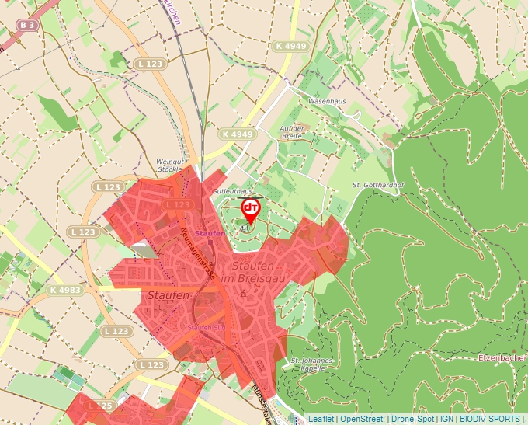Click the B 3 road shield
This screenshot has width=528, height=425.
(x=27, y=25)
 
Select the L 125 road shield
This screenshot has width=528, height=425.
(x=100, y=405)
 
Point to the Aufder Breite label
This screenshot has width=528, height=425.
(x=292, y=131)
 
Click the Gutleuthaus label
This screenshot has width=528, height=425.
(x=233, y=191)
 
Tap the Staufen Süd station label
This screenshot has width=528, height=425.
(x=206, y=327)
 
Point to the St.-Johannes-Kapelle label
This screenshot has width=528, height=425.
(x=312, y=365)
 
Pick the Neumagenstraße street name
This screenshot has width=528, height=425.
(x=198, y=246)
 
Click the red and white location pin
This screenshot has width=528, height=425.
(x=251, y=209)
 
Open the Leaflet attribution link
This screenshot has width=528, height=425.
(x=321, y=419)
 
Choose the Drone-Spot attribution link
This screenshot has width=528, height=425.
(x=413, y=419)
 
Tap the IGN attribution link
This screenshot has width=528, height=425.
(x=447, y=419)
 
